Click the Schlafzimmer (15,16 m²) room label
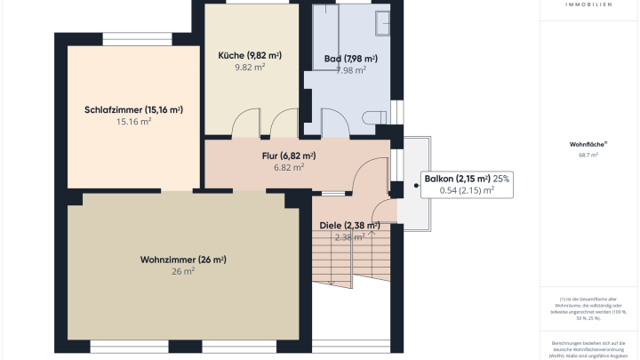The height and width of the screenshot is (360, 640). (x=133, y=110)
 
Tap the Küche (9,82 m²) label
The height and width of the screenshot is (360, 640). (x=250, y=55)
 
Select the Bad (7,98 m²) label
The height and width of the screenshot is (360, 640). (x=350, y=59)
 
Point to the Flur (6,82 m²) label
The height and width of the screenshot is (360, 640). (x=289, y=156)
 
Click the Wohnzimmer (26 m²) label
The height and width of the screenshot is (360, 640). (x=183, y=260)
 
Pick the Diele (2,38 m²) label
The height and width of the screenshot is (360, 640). (x=349, y=226)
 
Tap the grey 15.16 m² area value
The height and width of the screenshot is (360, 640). (x=133, y=122)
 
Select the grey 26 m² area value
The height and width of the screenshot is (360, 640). (x=183, y=272)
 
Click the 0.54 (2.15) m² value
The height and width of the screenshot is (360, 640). (x=467, y=190)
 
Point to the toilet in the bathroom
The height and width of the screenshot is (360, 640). (x=373, y=116)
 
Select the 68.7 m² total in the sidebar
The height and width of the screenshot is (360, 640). (x=588, y=155)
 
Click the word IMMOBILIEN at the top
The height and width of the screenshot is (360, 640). (x=588, y=4)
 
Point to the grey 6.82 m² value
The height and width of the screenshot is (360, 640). (x=289, y=166)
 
